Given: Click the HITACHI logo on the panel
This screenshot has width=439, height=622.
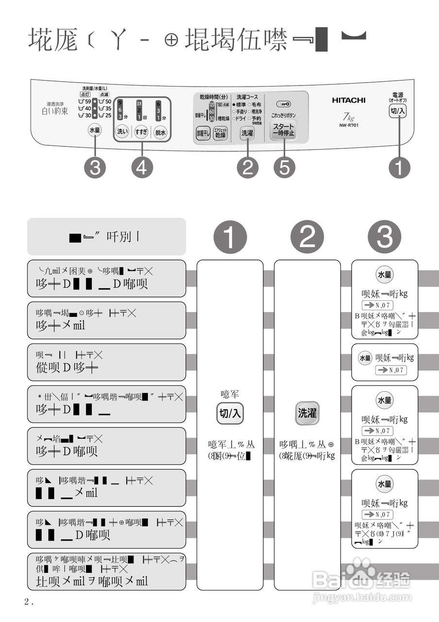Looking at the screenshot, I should tap(349, 100).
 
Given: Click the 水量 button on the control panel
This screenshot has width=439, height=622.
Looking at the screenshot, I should tap(95, 130).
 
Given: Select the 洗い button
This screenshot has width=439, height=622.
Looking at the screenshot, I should tap(122, 132).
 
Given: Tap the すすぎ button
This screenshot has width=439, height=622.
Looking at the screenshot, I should tap(141, 132).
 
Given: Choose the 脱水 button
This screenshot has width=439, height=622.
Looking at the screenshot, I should tap(161, 132).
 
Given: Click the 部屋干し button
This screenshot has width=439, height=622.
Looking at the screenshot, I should tap(203, 133).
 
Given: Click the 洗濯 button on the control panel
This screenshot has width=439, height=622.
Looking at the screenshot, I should tap(247, 132).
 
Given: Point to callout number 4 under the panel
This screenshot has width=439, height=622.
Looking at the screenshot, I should tap(142, 168).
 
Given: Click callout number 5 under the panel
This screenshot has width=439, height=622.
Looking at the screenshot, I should tap(285, 168).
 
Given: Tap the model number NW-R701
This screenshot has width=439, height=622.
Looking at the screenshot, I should tap(349, 125).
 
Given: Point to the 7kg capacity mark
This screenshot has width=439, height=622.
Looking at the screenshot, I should tap(348, 117).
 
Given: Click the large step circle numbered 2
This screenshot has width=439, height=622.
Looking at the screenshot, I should tap(307, 237).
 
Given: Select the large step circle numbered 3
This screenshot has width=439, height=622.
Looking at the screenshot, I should tap(385, 237).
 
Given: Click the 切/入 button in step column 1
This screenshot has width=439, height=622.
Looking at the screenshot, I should tap(230, 414).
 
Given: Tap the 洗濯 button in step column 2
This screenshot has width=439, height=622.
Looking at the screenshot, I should tap(307, 414).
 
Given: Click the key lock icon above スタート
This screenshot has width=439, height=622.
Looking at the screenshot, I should tap(283, 104).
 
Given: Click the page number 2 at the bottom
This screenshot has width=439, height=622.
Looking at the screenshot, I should tap(27, 602).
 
